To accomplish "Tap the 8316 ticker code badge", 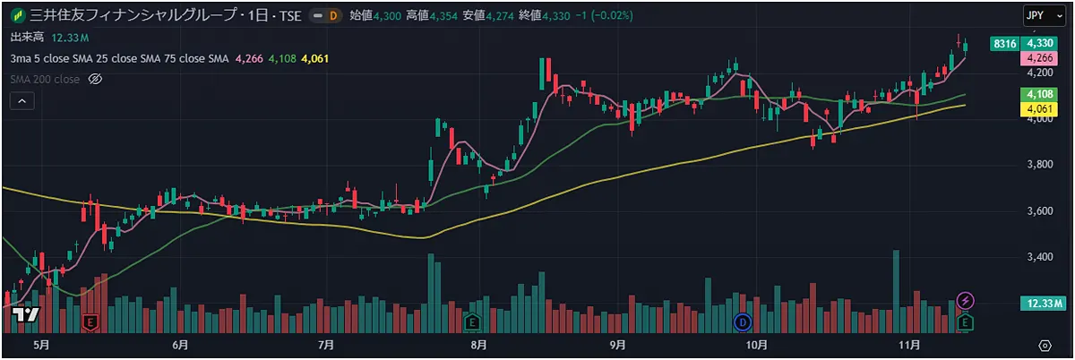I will point(1004,43).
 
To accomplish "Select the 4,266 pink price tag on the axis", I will point(1039,58).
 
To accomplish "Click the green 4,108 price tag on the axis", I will point(1039,94).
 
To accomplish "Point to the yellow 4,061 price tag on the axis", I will point(1039,109).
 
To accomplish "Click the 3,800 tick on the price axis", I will point(1038,165).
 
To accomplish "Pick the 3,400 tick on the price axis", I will point(1038,257).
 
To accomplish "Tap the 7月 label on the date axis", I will point(326,345).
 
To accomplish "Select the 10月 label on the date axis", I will point(757,345).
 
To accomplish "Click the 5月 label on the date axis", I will point(40,345).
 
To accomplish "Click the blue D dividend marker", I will point(742,321).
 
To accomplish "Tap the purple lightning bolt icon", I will point(966,299).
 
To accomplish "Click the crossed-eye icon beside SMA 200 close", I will point(97,80).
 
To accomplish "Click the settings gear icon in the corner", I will point(1045,345).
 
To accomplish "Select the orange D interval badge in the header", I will point(333,15).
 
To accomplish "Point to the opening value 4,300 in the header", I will point(387,15).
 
